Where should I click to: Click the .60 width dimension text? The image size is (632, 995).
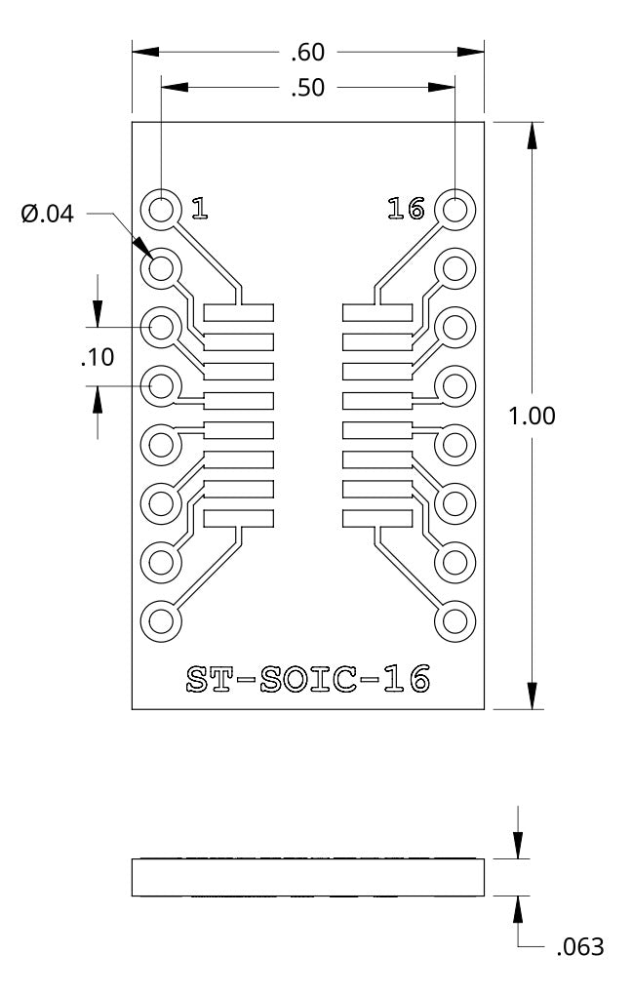(x=308, y=53)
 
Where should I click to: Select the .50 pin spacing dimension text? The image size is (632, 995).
(x=308, y=89)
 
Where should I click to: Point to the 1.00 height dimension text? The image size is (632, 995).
(x=533, y=416)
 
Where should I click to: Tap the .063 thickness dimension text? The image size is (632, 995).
(x=579, y=946)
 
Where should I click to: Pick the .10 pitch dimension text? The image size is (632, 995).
(x=97, y=357)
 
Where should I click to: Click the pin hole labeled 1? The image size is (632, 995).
(x=162, y=209)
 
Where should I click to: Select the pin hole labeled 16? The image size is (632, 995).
(x=454, y=209)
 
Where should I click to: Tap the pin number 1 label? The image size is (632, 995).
(x=198, y=208)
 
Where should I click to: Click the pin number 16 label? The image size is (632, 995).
(x=406, y=208)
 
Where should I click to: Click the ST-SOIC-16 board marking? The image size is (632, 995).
(x=308, y=679)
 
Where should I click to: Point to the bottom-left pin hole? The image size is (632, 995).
(x=162, y=620)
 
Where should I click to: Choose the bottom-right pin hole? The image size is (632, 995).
(x=454, y=620)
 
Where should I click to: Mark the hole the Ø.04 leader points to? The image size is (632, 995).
(x=162, y=266)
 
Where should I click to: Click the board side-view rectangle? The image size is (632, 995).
(x=308, y=877)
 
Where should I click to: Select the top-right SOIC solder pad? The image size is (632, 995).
(x=376, y=313)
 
